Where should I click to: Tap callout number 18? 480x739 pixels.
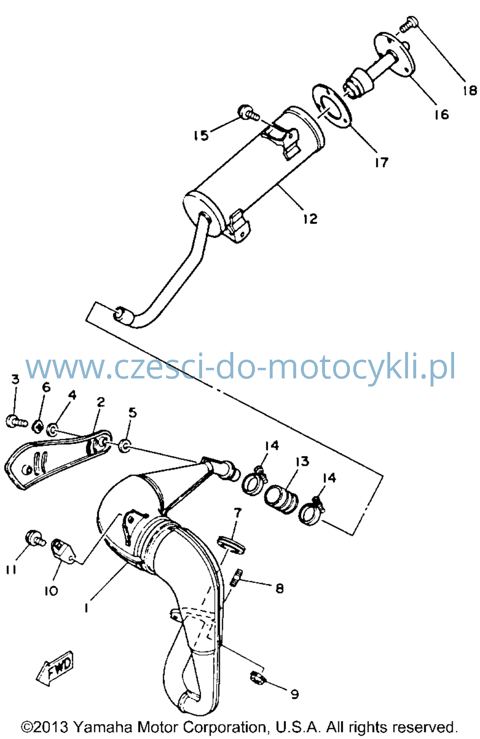pyautogui.click(x=469, y=90)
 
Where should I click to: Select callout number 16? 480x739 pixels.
pyautogui.click(x=442, y=114)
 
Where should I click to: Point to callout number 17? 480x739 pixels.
pyautogui.click(x=382, y=162)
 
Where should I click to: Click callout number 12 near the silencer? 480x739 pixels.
pyautogui.click(x=311, y=218)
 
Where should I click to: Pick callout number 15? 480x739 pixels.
pyautogui.click(x=202, y=135)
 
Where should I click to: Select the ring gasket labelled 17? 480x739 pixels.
pyautogui.click(x=332, y=107)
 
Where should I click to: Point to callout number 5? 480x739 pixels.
pyautogui.click(x=132, y=412)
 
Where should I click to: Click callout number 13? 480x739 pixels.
pyautogui.click(x=302, y=461)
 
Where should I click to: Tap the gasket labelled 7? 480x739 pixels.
pyautogui.click(x=231, y=545)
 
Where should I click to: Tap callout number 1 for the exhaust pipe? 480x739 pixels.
pyautogui.click(x=86, y=607)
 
